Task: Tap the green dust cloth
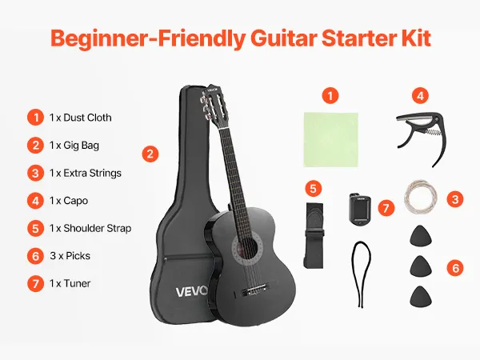coord(331,139)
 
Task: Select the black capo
coord(422,137)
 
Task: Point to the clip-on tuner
coord(360,209)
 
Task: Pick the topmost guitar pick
coord(421,235)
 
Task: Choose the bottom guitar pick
coord(421,296)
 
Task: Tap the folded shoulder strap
coord(314,236)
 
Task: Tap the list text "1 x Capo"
coord(69,201)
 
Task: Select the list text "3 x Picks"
coord(70,256)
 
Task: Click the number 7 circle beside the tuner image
coord(386,208)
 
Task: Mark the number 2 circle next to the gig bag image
coord(150,154)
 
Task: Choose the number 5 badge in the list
coord(35,229)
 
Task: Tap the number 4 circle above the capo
coord(420,96)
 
